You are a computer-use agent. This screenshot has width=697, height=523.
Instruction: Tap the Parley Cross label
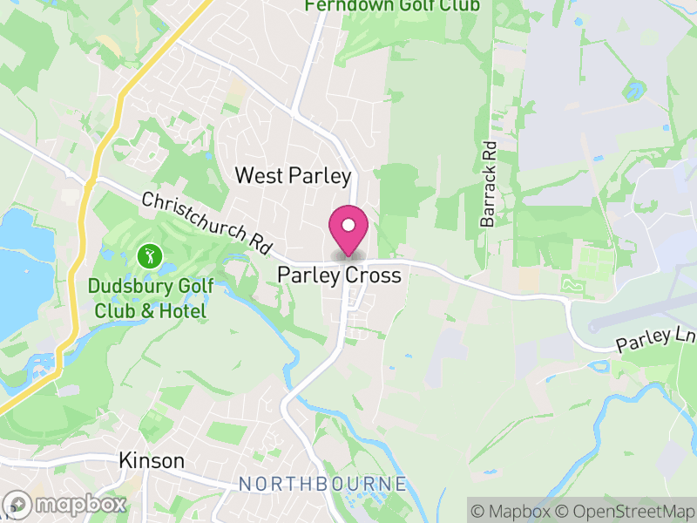(339, 275)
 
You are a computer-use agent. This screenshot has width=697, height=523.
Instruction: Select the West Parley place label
(293, 175)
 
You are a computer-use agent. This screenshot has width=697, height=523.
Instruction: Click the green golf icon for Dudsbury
(149, 256)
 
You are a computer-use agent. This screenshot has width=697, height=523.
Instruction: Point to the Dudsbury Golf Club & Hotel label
(147, 298)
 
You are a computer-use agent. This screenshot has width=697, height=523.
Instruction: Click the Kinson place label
(152, 461)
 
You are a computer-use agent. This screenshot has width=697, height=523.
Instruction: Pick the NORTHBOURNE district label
(322, 484)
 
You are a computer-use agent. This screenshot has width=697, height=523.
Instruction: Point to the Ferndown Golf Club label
(392, 6)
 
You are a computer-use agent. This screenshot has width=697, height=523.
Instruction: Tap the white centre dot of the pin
(348, 226)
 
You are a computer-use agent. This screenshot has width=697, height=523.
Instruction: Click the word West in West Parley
(255, 175)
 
